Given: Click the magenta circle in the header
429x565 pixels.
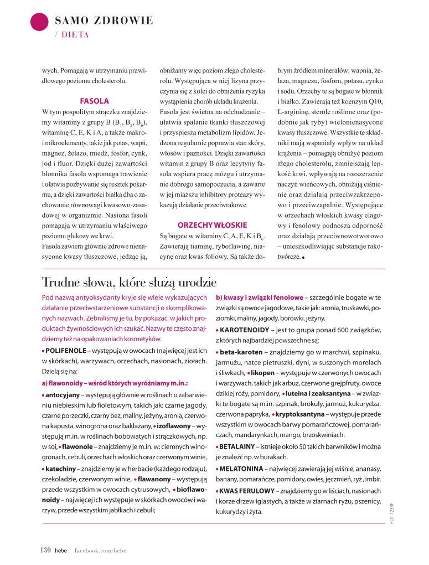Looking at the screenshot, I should click(39, 23).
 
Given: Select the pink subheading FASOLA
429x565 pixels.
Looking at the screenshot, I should click(95, 101).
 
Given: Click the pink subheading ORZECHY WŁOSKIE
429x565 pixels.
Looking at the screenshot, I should click(204, 225).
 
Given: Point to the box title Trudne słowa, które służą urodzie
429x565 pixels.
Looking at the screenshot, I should click(129, 282).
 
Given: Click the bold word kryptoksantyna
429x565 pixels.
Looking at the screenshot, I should click(304, 414).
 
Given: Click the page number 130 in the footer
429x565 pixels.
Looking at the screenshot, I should click(45, 549).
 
